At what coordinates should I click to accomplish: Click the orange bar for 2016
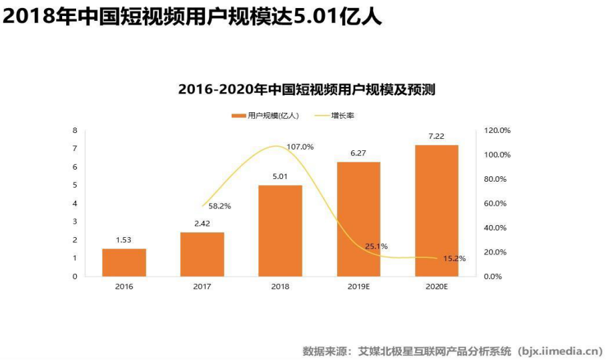[124, 262]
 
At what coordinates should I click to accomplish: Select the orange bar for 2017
[202, 254]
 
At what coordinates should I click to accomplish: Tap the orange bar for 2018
[280, 230]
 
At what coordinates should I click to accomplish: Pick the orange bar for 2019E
[358, 219]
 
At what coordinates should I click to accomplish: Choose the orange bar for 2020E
[436, 210]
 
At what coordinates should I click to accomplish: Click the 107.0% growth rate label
[300, 146]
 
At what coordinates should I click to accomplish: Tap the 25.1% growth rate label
[376, 246]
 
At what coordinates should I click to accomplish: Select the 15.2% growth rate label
[454, 258]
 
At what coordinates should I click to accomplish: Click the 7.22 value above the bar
[436, 136]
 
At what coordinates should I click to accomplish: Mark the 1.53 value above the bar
[124, 240]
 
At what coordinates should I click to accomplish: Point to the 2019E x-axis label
[358, 287]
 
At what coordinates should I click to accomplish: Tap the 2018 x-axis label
[280, 287]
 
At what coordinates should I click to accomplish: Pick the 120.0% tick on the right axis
[497, 130]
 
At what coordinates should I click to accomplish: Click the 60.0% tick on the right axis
[497, 203]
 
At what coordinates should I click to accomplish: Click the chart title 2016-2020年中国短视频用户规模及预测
[306, 89]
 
